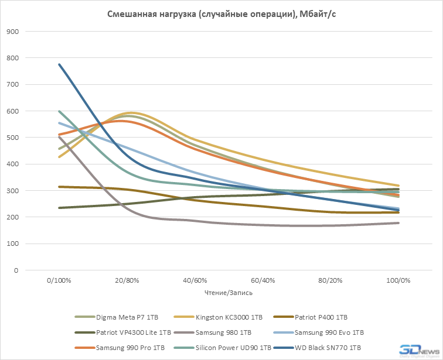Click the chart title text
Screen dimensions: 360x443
221,14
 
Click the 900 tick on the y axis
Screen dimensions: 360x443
11,32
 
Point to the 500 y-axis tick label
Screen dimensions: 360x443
11,138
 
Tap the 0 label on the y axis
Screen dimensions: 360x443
15,270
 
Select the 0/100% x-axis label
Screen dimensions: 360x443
59,281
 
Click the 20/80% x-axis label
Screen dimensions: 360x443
127,281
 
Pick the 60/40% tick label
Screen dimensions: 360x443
263,281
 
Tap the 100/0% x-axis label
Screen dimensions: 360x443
398,281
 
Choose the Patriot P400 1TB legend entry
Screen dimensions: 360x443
321,317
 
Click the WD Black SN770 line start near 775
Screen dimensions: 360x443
59,64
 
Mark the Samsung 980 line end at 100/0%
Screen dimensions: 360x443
398,223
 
